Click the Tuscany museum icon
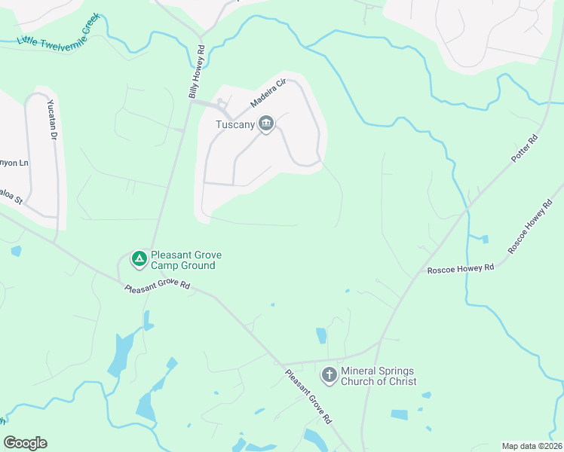pyautogui.click(x=266, y=124)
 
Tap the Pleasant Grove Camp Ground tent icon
pyautogui.click(x=139, y=259)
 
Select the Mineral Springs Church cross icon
pyautogui.click(x=329, y=374)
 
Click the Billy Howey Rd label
pyautogui.click(x=197, y=72)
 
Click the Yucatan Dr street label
pyautogui.click(x=52, y=119)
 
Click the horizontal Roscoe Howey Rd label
pyautogui.click(x=460, y=269)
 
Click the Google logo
pyautogui.click(x=25, y=443)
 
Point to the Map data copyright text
pyautogui.click(x=532, y=446)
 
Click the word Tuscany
pyautogui.click(x=234, y=124)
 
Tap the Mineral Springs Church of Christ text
pyautogui.click(x=378, y=375)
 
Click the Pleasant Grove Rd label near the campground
pyautogui.click(x=157, y=288)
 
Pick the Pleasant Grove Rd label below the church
pyautogui.click(x=308, y=394)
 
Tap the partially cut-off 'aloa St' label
pyautogui.click(x=13, y=200)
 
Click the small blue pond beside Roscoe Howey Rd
pyautogui.click(x=485, y=240)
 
